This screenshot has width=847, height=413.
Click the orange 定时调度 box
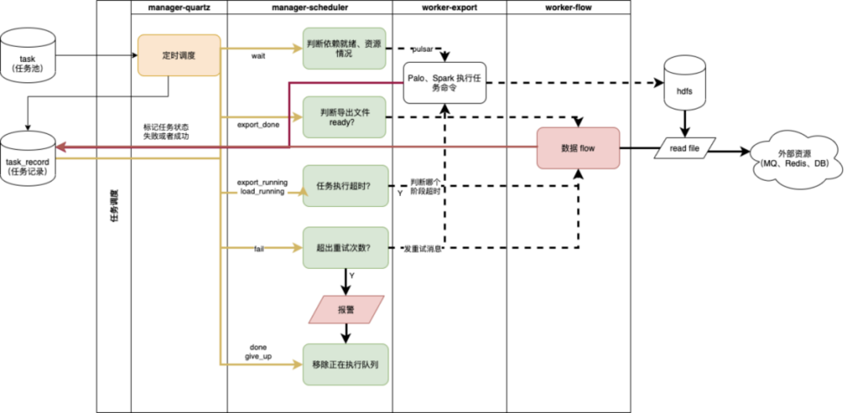(x=178, y=55)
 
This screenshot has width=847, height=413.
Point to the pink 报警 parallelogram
(x=345, y=310)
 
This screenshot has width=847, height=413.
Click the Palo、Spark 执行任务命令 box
(x=445, y=83)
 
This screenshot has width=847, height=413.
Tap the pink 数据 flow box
(x=578, y=147)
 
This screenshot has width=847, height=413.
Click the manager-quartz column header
(x=178, y=7)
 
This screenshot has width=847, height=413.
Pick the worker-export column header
(x=449, y=7)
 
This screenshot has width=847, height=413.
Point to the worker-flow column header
(x=568, y=7)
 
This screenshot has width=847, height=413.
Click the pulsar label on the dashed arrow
(x=425, y=48)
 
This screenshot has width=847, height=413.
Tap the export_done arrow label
(x=259, y=124)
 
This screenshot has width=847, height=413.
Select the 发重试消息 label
(x=422, y=248)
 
